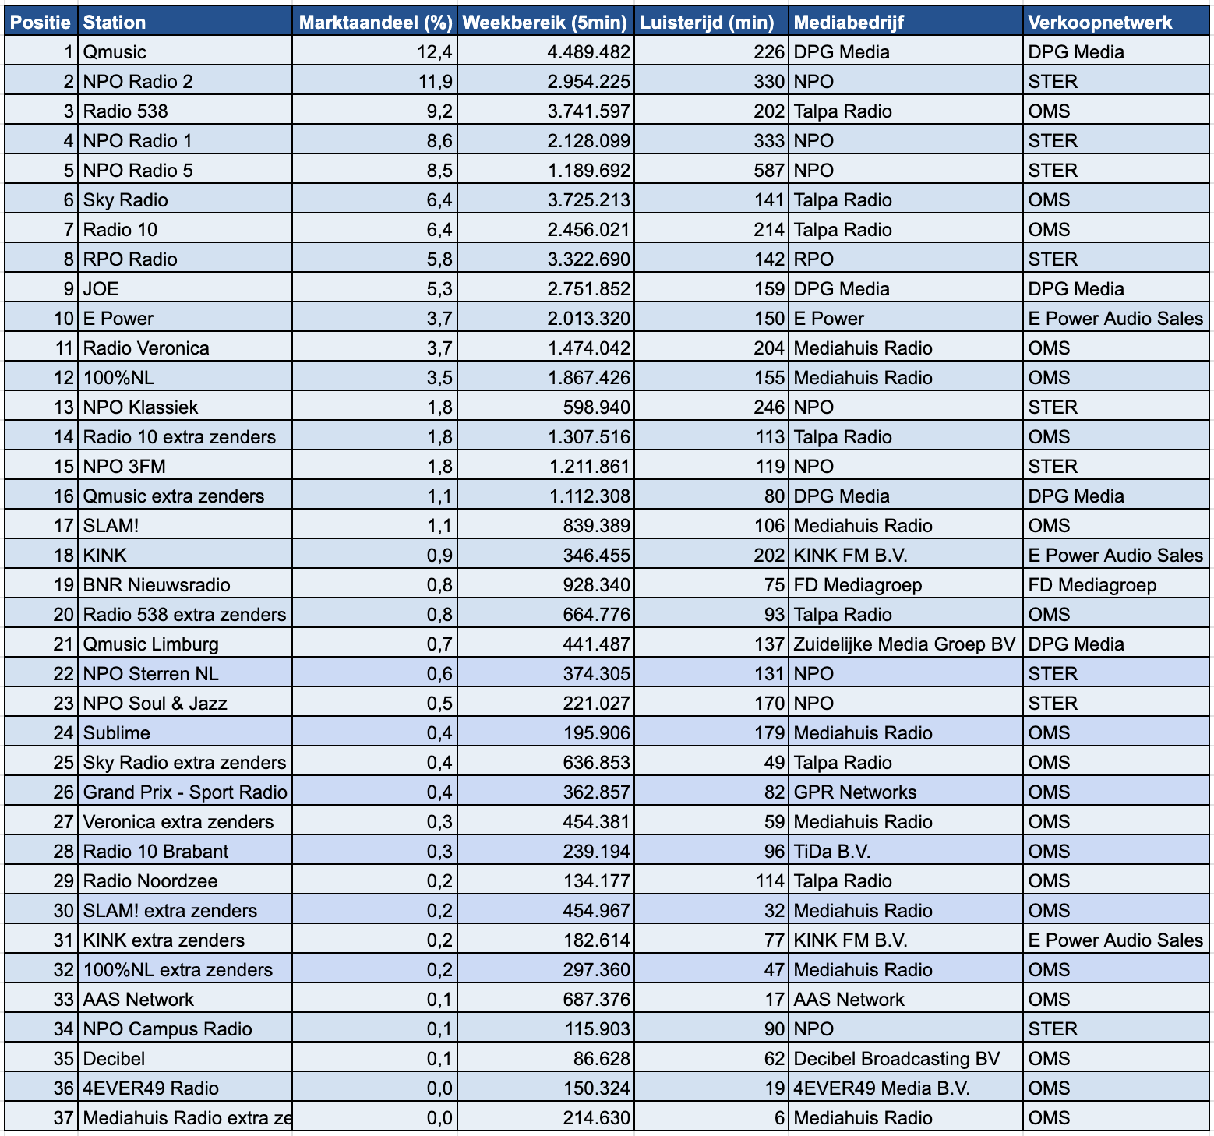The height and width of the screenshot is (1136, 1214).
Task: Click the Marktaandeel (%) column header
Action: coord(375,22)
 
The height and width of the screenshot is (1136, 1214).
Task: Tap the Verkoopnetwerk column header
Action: coord(1099,22)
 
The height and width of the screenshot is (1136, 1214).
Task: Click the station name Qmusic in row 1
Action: coord(115,52)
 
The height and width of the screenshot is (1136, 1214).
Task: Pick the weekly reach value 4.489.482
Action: coord(588,52)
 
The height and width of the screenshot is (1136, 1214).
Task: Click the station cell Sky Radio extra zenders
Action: coord(185,763)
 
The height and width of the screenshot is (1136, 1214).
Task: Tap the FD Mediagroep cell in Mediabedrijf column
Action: coord(857,585)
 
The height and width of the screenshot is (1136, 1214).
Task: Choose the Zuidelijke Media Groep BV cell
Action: coord(904,644)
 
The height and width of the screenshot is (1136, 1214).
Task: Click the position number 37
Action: coord(63,1118)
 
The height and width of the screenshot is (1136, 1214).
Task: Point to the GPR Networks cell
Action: coord(855,792)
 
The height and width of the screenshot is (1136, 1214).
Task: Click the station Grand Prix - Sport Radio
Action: coord(185,792)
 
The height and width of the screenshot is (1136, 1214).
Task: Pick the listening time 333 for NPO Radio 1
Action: coord(769,141)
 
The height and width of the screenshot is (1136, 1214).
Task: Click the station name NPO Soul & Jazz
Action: coord(155,704)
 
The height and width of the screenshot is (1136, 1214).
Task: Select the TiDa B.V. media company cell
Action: coord(831,852)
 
